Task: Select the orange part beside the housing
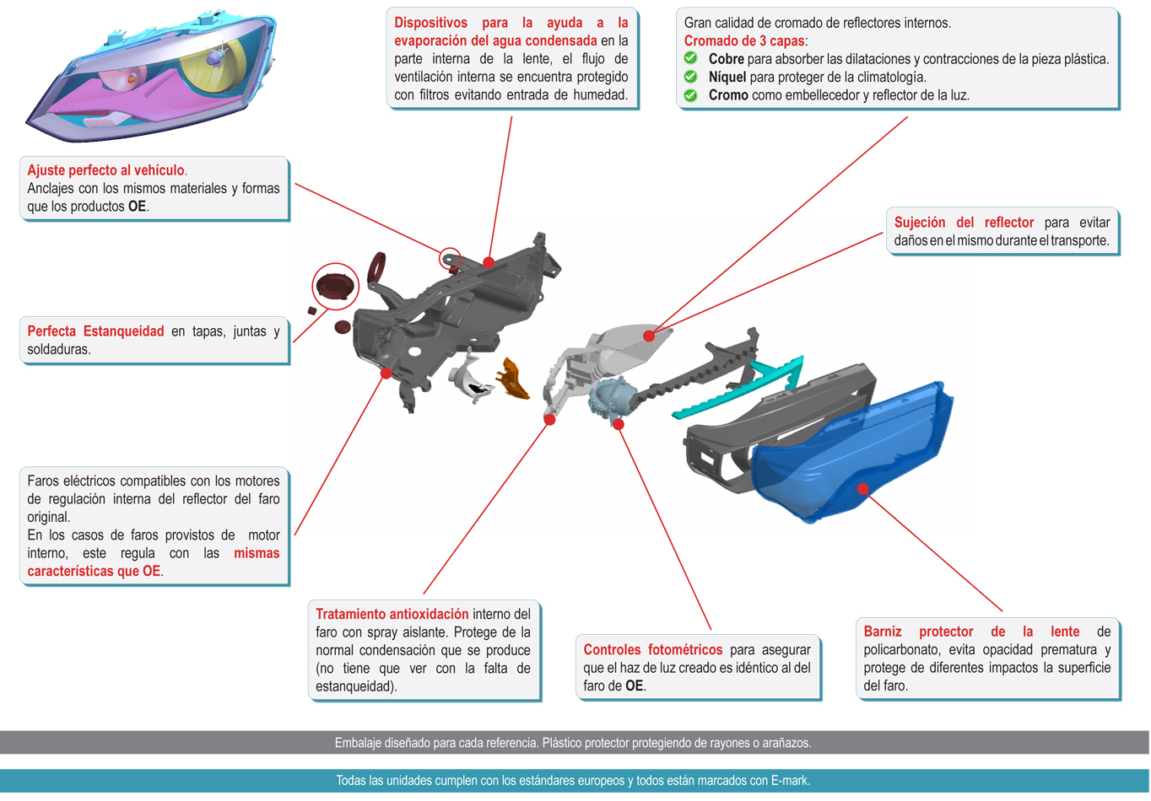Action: (x=512, y=379)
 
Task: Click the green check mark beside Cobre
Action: (x=690, y=58)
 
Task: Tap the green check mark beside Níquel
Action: (x=690, y=77)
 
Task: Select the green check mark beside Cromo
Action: (x=690, y=95)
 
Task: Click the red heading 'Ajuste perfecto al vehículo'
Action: (x=105, y=170)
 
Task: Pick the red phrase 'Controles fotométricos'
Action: (x=652, y=650)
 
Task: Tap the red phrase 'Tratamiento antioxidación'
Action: (x=392, y=615)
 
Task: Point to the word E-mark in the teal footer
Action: (x=790, y=781)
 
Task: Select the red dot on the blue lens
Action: (x=862, y=488)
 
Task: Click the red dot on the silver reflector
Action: (x=648, y=336)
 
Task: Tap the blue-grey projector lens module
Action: (x=609, y=396)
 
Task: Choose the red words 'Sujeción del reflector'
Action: (x=964, y=223)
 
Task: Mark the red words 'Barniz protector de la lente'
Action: (x=970, y=632)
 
